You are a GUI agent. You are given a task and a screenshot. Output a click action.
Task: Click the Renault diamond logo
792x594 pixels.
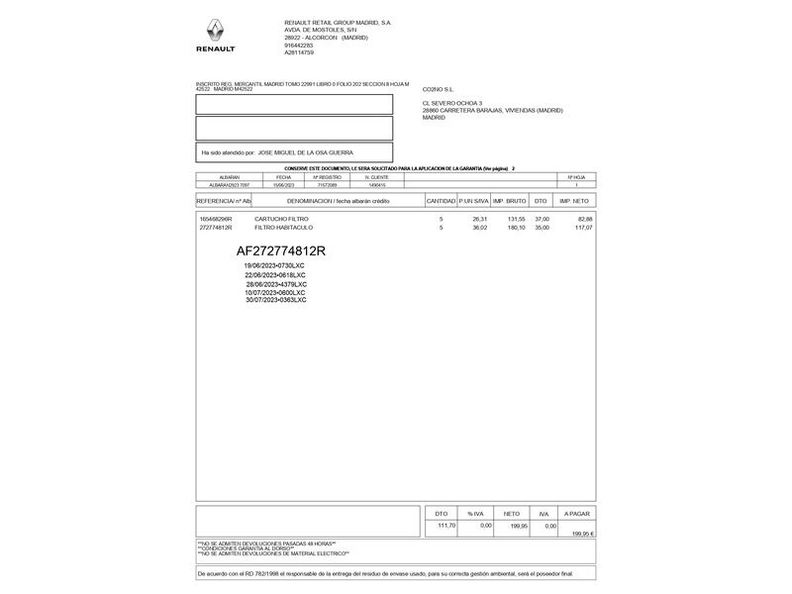(215, 30)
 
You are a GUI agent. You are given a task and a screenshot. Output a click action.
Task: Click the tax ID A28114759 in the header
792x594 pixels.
(299, 52)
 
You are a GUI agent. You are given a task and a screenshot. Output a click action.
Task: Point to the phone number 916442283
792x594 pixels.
(299, 45)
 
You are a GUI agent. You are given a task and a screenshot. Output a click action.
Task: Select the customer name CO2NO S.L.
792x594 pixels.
(438, 89)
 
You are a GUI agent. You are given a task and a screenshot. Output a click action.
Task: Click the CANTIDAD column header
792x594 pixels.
(441, 201)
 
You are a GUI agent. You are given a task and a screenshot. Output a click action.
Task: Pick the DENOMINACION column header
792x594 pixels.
(338, 201)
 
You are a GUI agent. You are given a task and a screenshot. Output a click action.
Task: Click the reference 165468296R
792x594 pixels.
(216, 219)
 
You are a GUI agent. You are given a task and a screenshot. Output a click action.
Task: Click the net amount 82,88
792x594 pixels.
(584, 219)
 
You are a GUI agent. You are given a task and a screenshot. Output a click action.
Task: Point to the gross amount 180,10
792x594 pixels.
(516, 228)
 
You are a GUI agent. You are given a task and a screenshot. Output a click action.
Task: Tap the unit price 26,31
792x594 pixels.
(479, 219)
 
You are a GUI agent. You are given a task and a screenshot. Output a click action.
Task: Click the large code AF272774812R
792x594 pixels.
(281, 250)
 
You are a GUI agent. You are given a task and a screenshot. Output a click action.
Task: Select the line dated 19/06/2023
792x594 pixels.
(274, 266)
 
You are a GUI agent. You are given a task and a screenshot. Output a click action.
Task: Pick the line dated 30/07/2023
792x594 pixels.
(276, 300)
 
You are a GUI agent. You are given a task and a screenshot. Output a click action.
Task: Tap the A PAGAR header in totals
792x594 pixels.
(576, 515)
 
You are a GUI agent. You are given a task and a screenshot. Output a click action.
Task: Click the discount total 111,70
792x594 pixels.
(445, 526)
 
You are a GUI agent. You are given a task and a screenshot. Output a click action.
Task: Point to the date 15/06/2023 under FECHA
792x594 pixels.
(284, 185)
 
